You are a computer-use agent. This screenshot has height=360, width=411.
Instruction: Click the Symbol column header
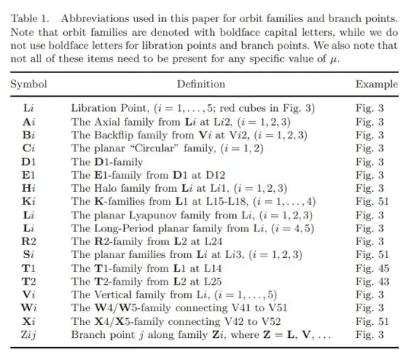[28, 84]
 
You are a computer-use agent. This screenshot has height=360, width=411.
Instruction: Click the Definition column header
[201, 84]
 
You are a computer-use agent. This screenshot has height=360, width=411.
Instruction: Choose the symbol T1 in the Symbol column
[28, 269]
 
